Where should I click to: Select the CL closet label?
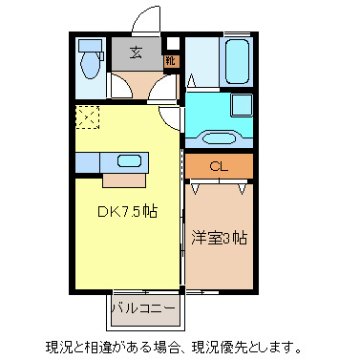tap(219, 166)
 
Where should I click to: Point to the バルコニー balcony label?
tap(142, 308)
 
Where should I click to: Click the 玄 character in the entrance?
tap(138, 53)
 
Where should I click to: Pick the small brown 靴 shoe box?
tap(171, 60)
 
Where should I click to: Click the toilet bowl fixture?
tap(93, 66)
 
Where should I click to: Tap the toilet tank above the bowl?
tap(92, 44)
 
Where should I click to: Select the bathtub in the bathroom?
tap(236, 61)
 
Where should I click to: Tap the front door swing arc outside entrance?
tap(146, 21)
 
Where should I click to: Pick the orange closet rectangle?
tap(219, 166)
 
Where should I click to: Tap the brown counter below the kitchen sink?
tap(125, 179)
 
